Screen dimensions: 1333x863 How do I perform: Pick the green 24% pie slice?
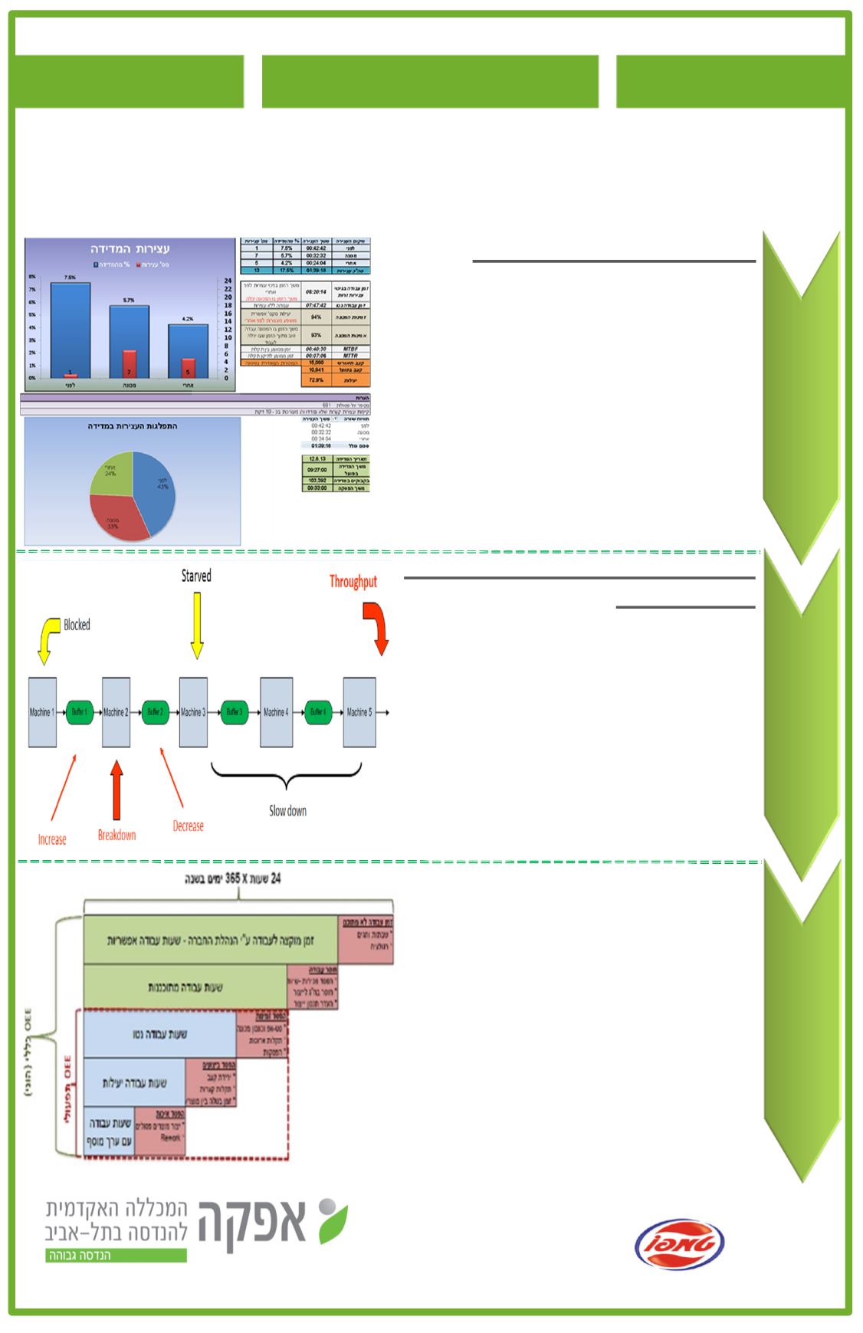[112, 471]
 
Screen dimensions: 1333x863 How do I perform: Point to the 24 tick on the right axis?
[228, 281]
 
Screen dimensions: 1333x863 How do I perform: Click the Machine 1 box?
[42, 712]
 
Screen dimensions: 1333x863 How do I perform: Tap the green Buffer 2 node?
[156, 712]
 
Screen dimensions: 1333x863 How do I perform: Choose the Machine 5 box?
[359, 712]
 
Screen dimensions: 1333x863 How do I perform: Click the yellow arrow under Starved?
[197, 626]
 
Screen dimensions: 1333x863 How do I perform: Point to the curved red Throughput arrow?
[377, 625]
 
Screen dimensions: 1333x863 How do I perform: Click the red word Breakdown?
[116, 835]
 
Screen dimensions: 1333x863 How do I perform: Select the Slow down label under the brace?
[287, 811]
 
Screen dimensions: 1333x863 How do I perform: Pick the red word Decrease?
[188, 826]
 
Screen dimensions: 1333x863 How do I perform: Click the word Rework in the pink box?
[170, 1138]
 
